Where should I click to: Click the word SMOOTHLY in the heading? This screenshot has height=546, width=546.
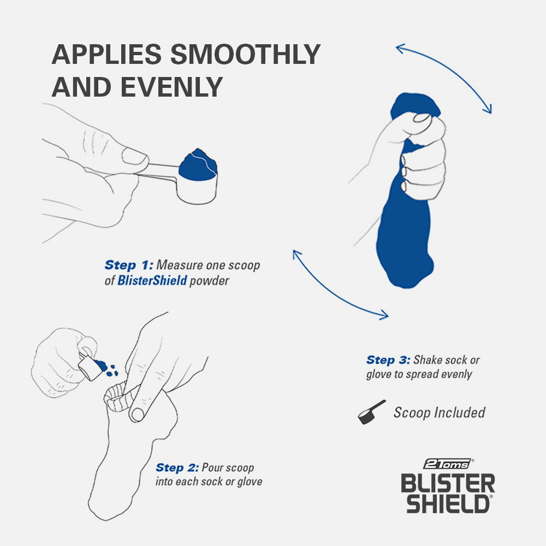245,55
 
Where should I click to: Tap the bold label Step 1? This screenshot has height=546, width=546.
128,265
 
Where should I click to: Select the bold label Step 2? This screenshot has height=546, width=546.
177,468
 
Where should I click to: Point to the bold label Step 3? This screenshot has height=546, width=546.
388,360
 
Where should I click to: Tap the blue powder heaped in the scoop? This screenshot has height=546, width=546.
198,164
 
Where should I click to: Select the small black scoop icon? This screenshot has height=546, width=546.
371,413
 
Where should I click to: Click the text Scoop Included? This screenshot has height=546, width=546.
439,413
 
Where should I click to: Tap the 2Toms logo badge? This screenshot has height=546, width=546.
447,464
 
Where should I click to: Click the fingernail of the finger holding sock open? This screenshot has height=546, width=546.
137,414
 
